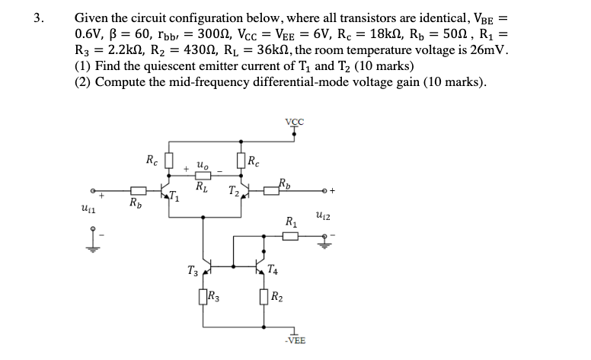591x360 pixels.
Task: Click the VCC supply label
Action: point(293,121)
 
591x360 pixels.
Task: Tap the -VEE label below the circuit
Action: point(294,340)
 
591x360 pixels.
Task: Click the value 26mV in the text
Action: point(485,50)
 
